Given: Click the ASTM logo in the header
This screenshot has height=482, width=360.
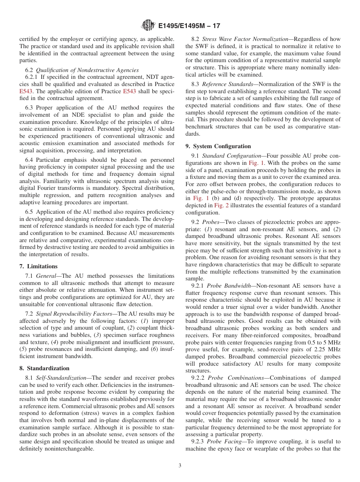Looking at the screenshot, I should [x=148, y=26].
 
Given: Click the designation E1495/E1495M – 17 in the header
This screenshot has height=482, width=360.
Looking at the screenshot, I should [x=189, y=26].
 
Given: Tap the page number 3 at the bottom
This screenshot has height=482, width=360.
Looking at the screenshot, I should [x=180, y=466].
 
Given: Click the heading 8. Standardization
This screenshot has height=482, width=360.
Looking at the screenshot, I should [x=44, y=368].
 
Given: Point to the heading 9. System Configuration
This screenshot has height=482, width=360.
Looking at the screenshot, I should [x=218, y=146].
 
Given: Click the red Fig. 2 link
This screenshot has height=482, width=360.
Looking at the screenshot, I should [x=222, y=205].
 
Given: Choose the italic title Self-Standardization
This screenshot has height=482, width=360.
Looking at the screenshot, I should [x=58, y=378].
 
